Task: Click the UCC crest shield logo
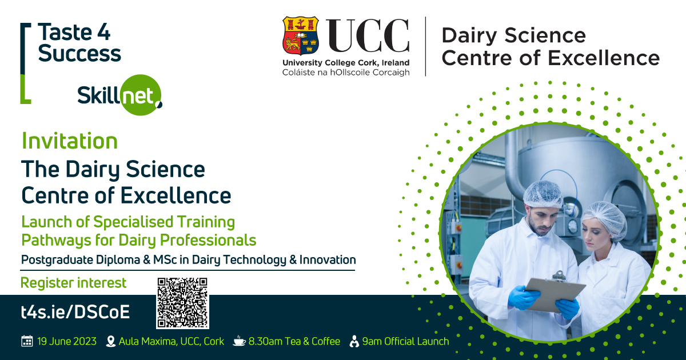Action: point(301,35)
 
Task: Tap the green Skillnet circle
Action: point(141,95)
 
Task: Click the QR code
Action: point(182,303)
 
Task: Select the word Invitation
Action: point(70,141)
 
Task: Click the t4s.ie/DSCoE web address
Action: point(75,312)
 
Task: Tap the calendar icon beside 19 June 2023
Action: point(27,341)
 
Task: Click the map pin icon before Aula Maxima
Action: point(110,341)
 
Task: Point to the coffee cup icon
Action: point(239,341)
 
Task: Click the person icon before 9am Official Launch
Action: point(354,341)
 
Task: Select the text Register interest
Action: point(73,282)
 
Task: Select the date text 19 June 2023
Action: point(67,341)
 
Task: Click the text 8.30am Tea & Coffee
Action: point(294,341)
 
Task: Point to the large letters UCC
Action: point(368,35)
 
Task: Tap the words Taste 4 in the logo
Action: point(74,32)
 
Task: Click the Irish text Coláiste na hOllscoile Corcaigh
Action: point(346,73)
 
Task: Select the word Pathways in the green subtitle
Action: point(57,240)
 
